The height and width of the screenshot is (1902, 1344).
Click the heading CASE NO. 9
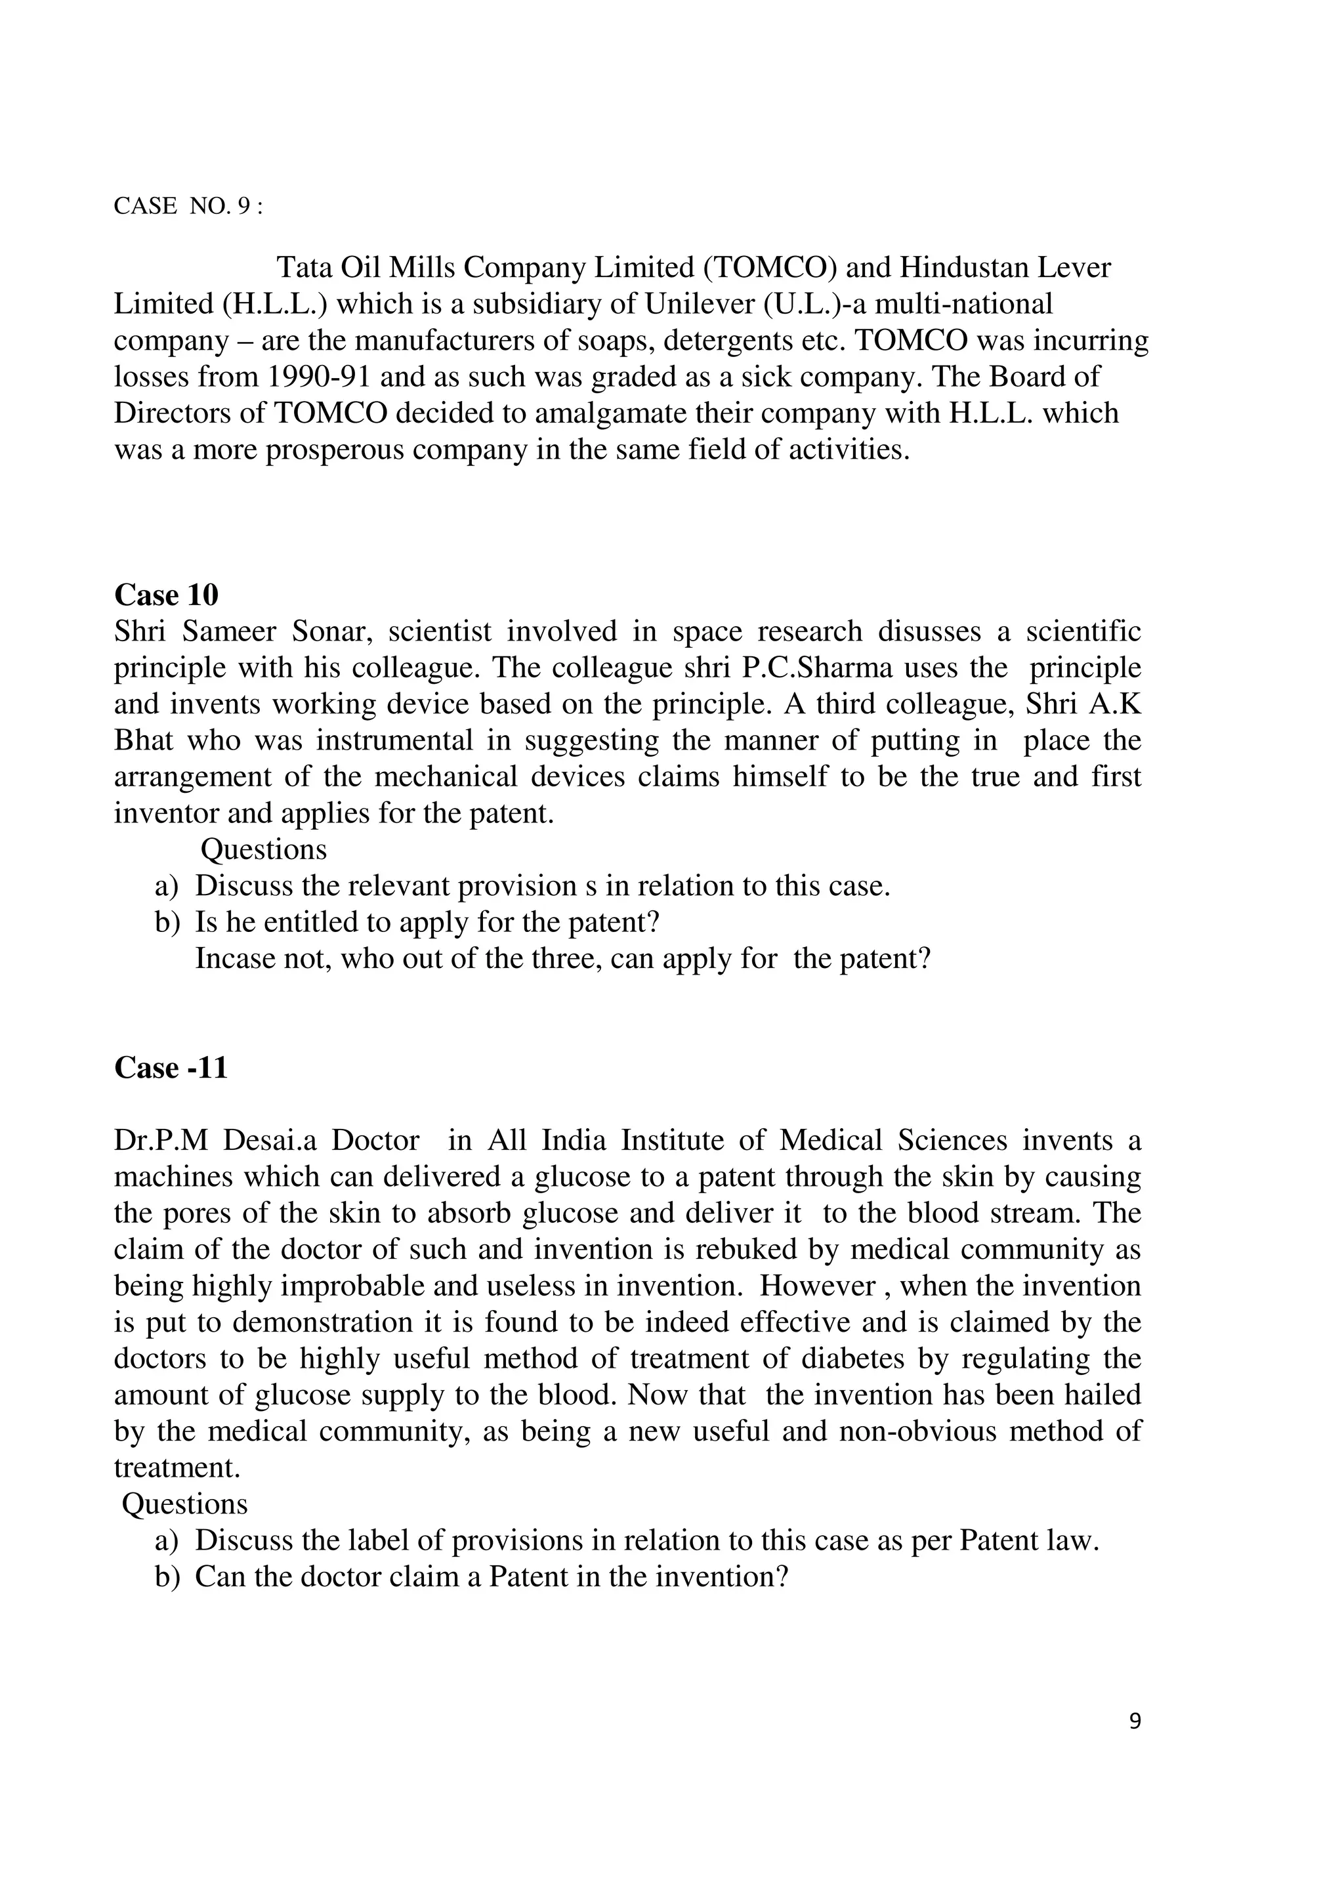pyautogui.click(x=188, y=206)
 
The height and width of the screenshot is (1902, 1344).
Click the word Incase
pyautogui.click(x=232, y=958)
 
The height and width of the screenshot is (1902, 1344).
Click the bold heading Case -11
pyautogui.click(x=170, y=1068)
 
